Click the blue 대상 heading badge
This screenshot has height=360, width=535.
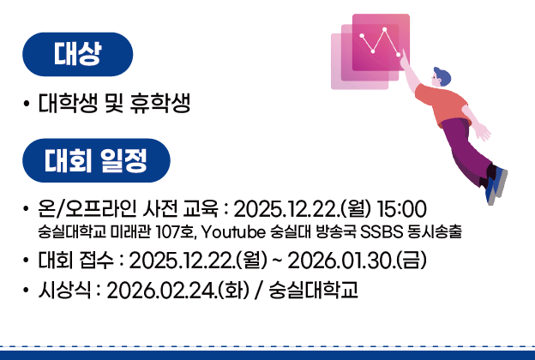coord(78,55)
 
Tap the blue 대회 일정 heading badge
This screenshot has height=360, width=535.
coord(96,160)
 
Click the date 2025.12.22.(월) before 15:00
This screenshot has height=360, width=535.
coord(299,209)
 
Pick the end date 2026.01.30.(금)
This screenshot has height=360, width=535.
coord(357,260)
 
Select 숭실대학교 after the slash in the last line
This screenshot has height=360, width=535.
coord(314,289)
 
